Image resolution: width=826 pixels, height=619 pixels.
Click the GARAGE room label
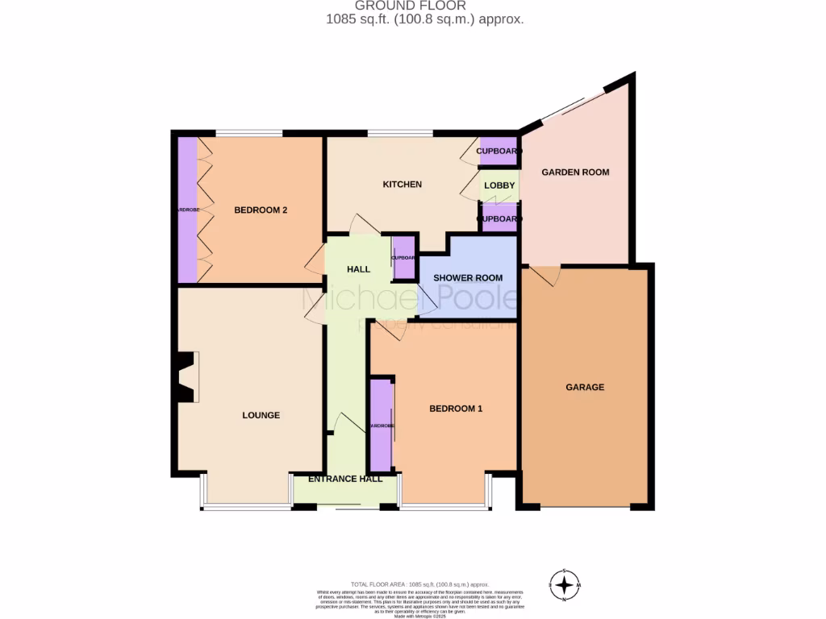coord(584,387)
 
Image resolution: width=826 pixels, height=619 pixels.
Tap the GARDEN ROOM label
coord(575,172)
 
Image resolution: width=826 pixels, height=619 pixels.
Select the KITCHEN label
coord(402,185)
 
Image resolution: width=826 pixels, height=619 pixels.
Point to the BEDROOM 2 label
coord(261,210)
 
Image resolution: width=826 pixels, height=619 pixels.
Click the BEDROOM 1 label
coord(455,409)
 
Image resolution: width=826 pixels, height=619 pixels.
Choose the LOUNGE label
coord(261,415)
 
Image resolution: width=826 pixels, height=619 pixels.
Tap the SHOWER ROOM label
coord(468,278)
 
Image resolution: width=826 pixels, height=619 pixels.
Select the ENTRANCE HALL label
coord(345,479)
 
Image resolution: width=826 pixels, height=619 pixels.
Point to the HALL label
coord(358,269)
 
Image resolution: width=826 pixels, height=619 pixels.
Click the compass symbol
coord(565,584)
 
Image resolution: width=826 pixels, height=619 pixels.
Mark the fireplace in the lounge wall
coord(185,376)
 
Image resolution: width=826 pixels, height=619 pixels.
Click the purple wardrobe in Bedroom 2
coord(187,210)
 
